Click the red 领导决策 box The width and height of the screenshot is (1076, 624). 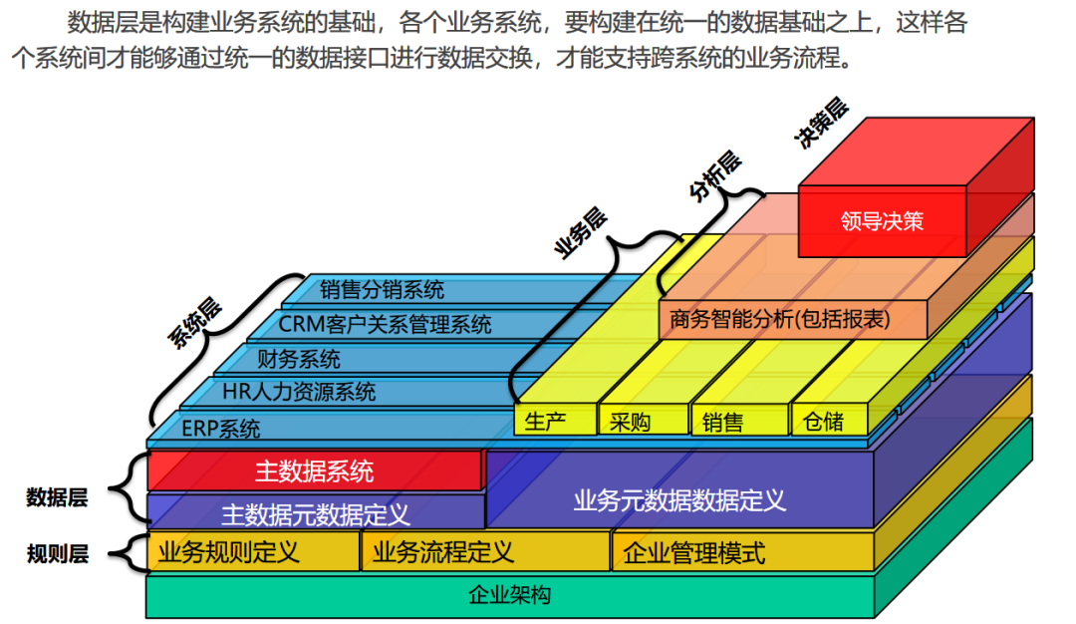coord(882,221)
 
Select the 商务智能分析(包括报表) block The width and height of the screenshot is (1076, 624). coord(793,319)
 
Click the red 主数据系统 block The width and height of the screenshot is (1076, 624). coord(314,470)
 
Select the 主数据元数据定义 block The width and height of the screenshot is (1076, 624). coord(314,512)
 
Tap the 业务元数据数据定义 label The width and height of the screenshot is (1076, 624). coord(679,499)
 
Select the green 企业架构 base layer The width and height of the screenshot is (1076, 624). coord(509,596)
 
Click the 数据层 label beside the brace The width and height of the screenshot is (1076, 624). coord(57,498)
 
